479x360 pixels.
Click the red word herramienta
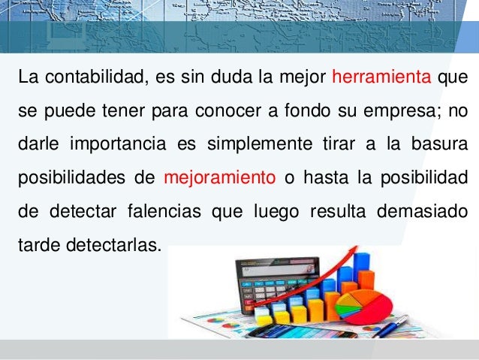click(x=381, y=77)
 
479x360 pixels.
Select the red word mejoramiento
click(x=219, y=178)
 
